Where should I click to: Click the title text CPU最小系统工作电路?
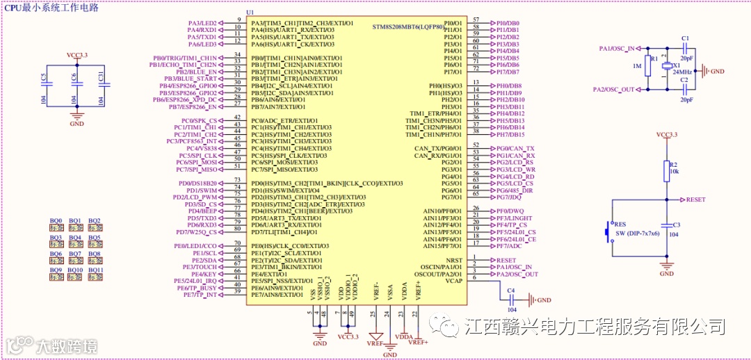(x=52, y=8)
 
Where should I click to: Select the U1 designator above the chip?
(x=250, y=13)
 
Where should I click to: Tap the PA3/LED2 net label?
(x=202, y=23)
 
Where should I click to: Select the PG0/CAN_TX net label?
(x=515, y=148)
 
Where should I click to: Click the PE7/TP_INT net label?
(x=200, y=295)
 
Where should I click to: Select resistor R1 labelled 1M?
(x=647, y=66)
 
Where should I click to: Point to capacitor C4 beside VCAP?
(x=511, y=300)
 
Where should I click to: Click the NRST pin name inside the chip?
(x=453, y=260)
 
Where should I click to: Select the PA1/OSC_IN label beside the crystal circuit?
(x=616, y=48)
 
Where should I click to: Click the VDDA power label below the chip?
(x=404, y=336)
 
